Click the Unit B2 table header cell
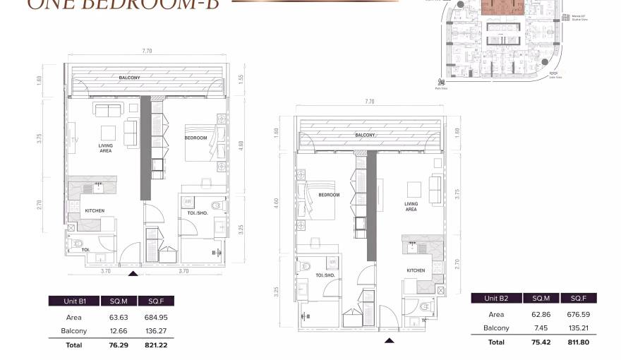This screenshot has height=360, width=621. click(495, 299)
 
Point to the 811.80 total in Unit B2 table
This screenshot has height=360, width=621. click(574, 342)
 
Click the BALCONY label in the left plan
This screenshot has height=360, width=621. click(129, 77)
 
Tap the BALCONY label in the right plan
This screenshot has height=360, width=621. click(365, 135)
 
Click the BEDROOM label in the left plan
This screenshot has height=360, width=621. click(195, 138)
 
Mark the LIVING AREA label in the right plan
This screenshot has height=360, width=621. click(411, 206)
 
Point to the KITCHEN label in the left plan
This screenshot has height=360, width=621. click(95, 210)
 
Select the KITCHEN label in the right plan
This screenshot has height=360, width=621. click(415, 270)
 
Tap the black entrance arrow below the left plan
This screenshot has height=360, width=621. click(133, 272)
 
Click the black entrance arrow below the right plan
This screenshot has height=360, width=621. click(389, 340)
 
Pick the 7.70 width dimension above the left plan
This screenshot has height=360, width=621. click(146, 52)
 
